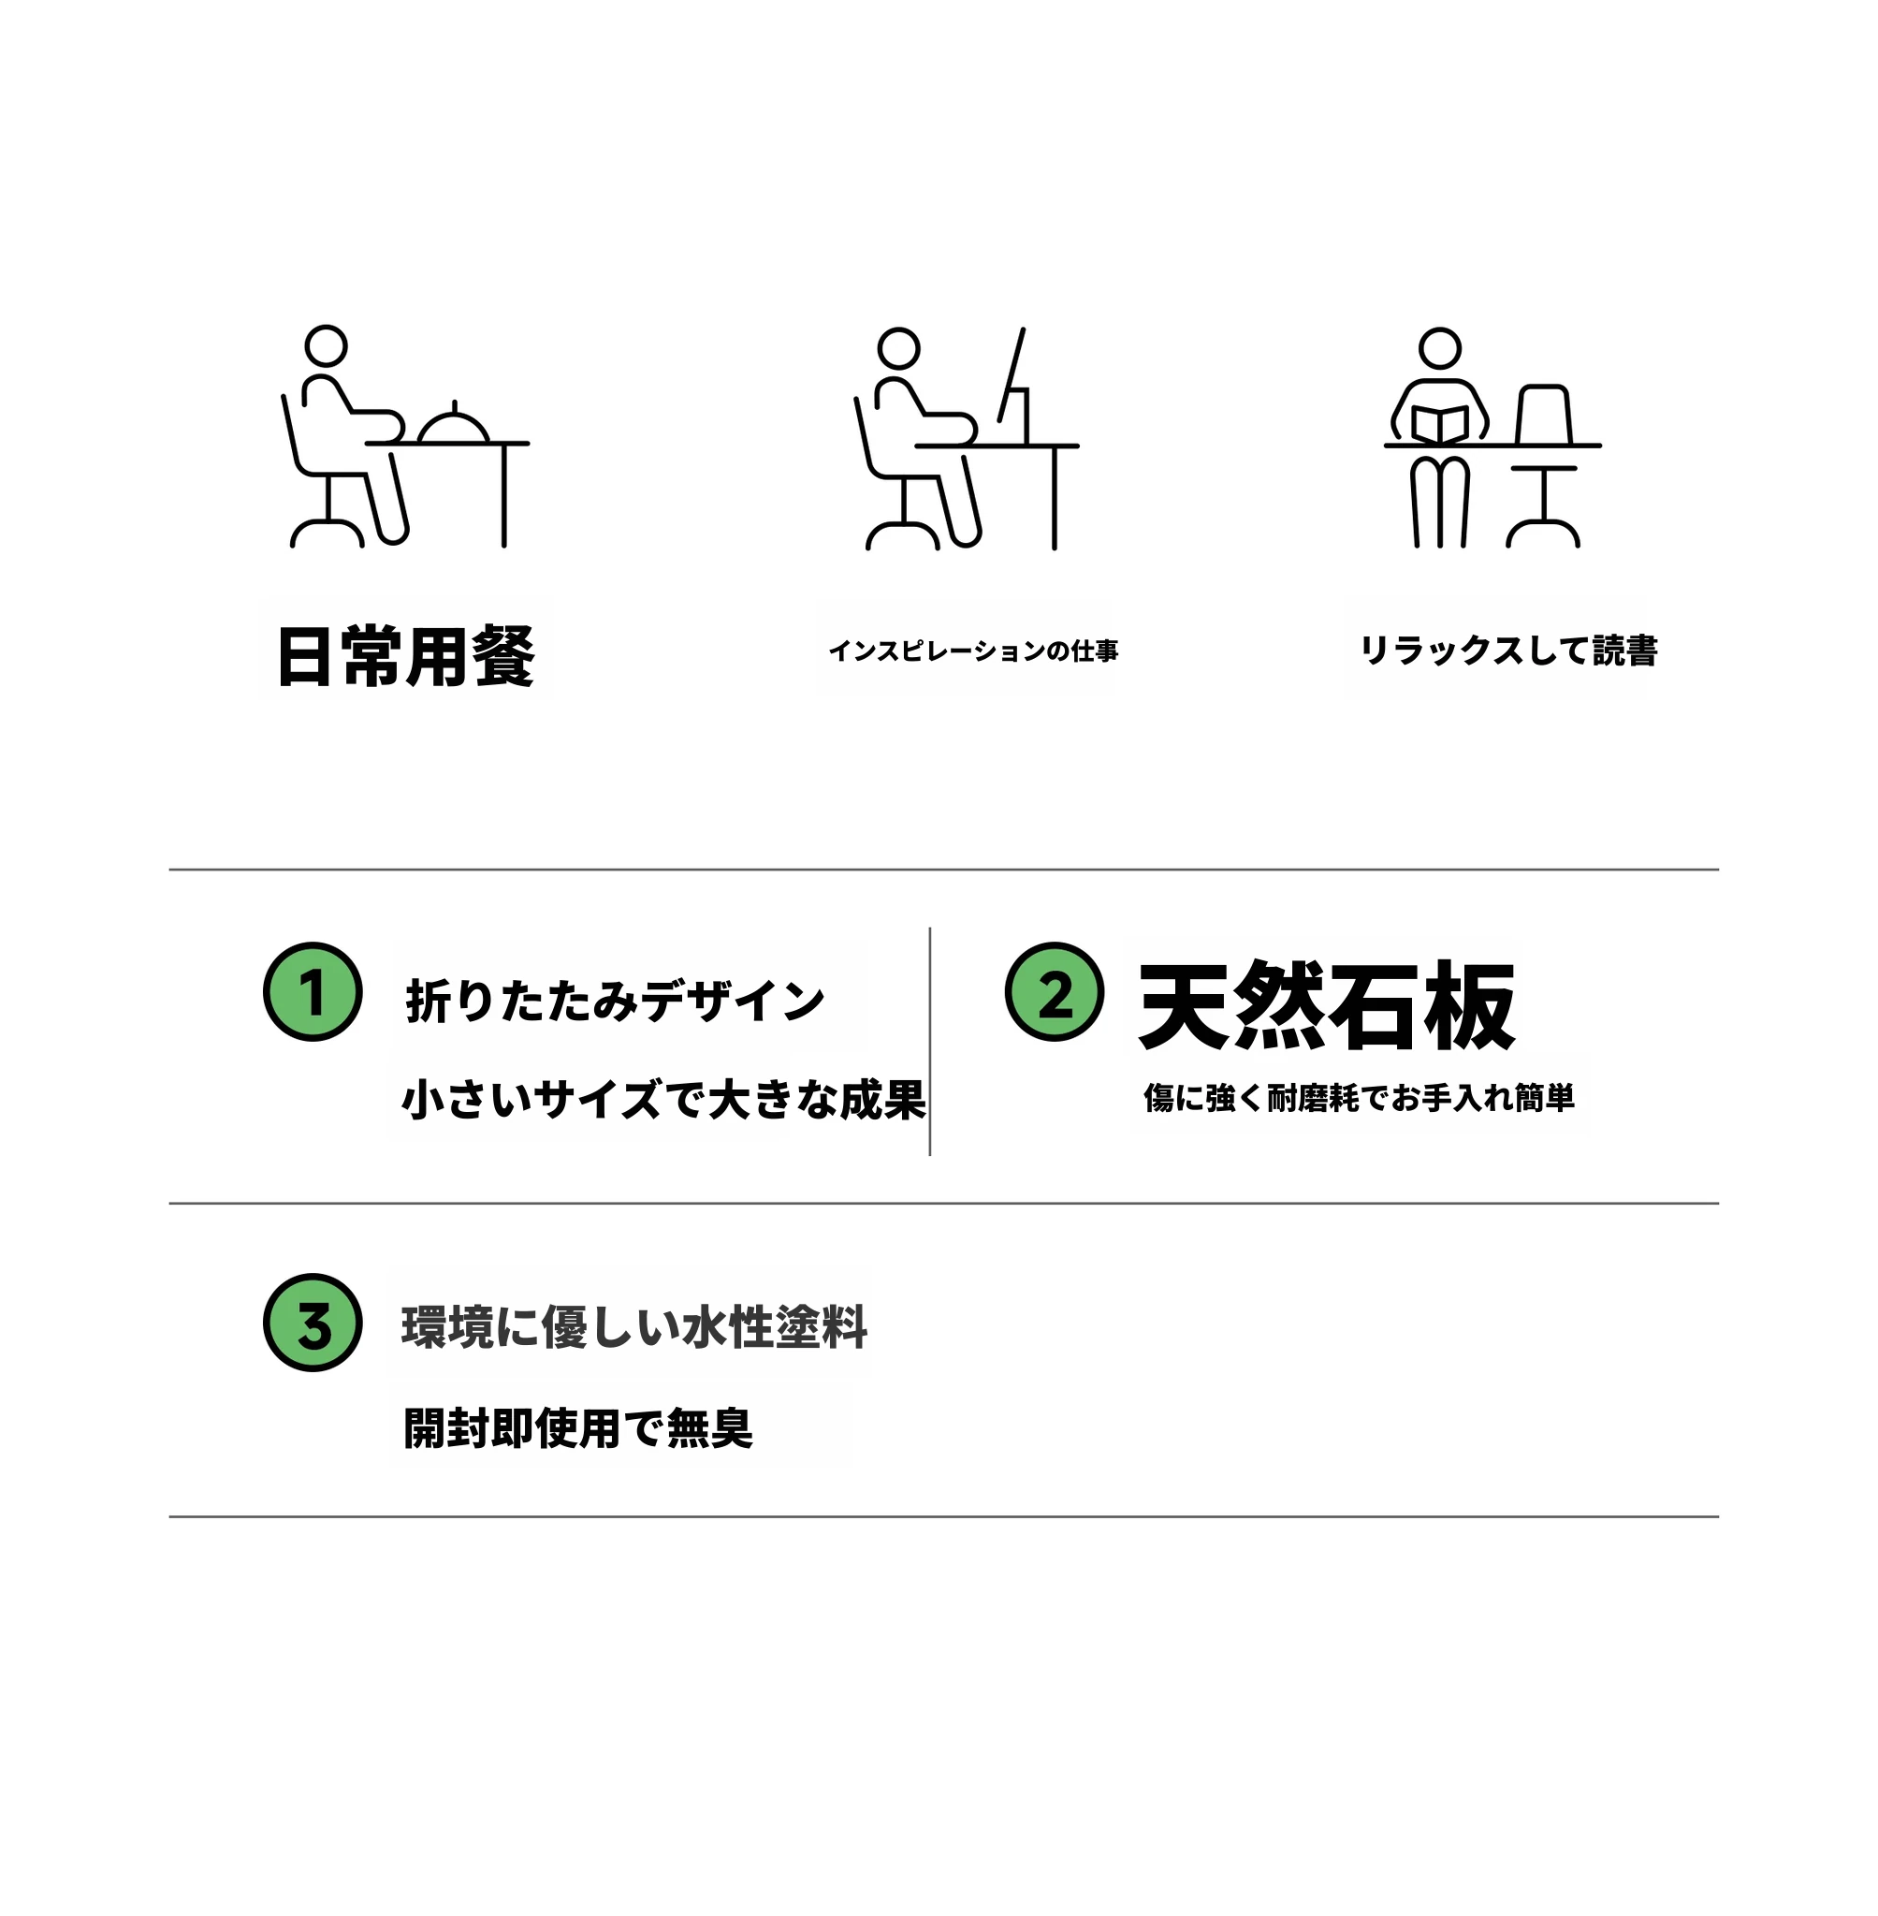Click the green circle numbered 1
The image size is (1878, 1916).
click(313, 991)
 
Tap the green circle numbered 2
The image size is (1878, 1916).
click(1055, 991)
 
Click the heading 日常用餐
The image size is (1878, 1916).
click(406, 656)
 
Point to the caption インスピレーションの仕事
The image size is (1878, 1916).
click(973, 651)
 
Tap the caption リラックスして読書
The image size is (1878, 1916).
click(1509, 651)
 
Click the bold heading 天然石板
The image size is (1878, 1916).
click(1327, 1005)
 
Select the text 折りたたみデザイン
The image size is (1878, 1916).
click(615, 1002)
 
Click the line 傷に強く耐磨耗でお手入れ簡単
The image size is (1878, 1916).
click(1360, 1097)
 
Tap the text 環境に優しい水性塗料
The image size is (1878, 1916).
click(634, 1327)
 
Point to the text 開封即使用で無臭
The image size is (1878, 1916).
click(578, 1427)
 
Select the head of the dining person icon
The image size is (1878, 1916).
click(326, 346)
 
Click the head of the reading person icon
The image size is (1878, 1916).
click(1440, 349)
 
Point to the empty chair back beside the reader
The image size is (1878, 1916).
click(1544, 415)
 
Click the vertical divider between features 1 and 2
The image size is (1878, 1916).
click(930, 1041)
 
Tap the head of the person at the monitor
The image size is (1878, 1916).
click(898, 349)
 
